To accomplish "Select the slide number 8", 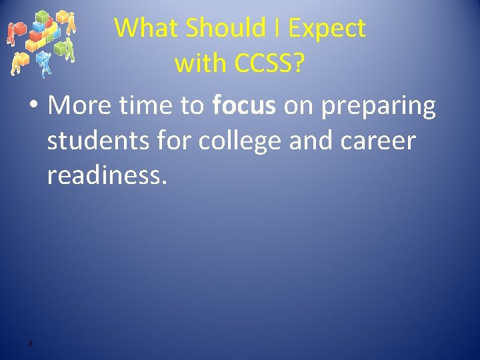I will click(x=30, y=343).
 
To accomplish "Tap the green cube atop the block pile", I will click(x=41, y=17).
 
